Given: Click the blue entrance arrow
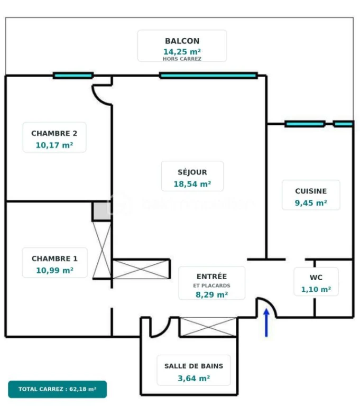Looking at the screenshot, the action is [266, 322].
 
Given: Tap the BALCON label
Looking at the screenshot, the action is [182, 41].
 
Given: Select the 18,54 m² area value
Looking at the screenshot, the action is [192, 184].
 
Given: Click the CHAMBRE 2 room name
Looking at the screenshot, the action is [54, 133].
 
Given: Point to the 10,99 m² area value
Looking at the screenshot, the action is [54, 270].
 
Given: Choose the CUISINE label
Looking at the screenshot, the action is [311, 191].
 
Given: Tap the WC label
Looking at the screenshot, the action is [316, 278].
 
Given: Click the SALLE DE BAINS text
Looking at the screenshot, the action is [193, 366].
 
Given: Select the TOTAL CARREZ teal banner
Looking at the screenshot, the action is [57, 389].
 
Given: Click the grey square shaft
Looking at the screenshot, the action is [102, 211].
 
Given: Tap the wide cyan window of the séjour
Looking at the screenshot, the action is [208, 76].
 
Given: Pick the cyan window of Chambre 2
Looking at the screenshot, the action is [73, 76].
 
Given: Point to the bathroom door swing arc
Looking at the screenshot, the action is [163, 330].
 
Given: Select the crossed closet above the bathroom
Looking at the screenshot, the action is [208, 327].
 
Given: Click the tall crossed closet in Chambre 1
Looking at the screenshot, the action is [102, 250].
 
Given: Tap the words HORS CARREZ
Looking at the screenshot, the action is [182, 59].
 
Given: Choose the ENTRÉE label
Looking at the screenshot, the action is [211, 276].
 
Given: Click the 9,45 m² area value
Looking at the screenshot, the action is [311, 203].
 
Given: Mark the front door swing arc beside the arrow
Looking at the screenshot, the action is [270, 303].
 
